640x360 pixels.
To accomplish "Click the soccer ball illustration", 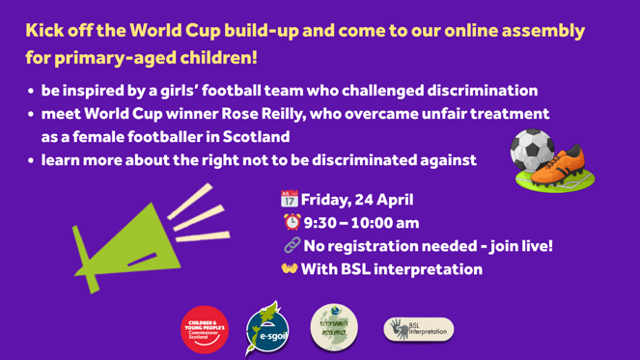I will [x=533, y=152].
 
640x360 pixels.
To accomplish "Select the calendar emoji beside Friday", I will [x=289, y=201].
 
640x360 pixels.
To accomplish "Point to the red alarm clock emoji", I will [x=292, y=223].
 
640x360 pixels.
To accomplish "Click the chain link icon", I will [x=292, y=246].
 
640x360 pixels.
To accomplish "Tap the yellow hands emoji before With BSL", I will [x=290, y=269].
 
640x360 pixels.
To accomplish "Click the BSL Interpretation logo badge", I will [x=419, y=329].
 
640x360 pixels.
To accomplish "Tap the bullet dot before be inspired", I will [x=31, y=92].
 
